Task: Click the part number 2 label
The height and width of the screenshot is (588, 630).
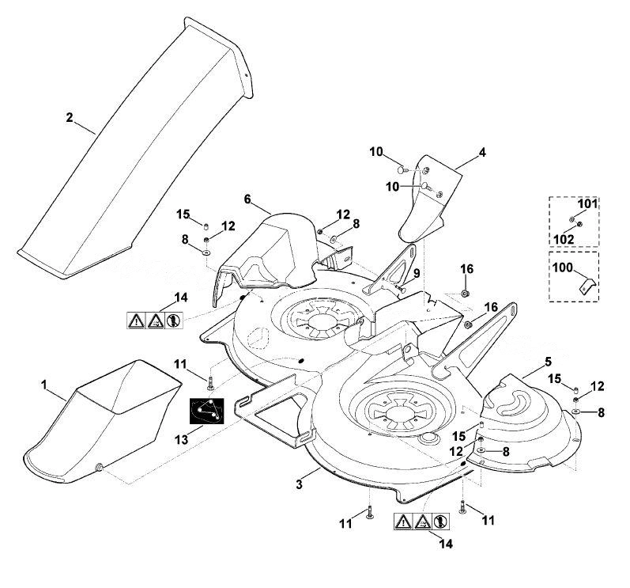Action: (x=70, y=117)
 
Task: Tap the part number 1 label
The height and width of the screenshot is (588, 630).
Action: (x=44, y=385)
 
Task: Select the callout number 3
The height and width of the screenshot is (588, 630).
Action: (x=299, y=484)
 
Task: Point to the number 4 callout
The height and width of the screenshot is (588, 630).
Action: (x=482, y=153)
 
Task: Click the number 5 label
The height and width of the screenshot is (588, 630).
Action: (x=548, y=361)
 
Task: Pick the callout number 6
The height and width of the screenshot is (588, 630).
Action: (x=247, y=199)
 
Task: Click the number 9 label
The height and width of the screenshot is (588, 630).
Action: (x=417, y=273)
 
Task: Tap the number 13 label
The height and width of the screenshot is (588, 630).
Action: (x=182, y=439)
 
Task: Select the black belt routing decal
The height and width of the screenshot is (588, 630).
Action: (x=206, y=411)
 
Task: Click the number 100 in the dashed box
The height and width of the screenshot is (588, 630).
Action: (x=563, y=267)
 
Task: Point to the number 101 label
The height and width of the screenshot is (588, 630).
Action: (x=587, y=203)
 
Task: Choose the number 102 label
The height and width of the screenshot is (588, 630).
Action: (x=564, y=239)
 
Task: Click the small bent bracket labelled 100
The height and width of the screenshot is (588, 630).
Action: (x=587, y=286)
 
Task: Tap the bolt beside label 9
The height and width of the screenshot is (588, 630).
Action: (x=400, y=287)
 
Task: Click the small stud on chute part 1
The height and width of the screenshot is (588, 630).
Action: (x=99, y=467)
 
